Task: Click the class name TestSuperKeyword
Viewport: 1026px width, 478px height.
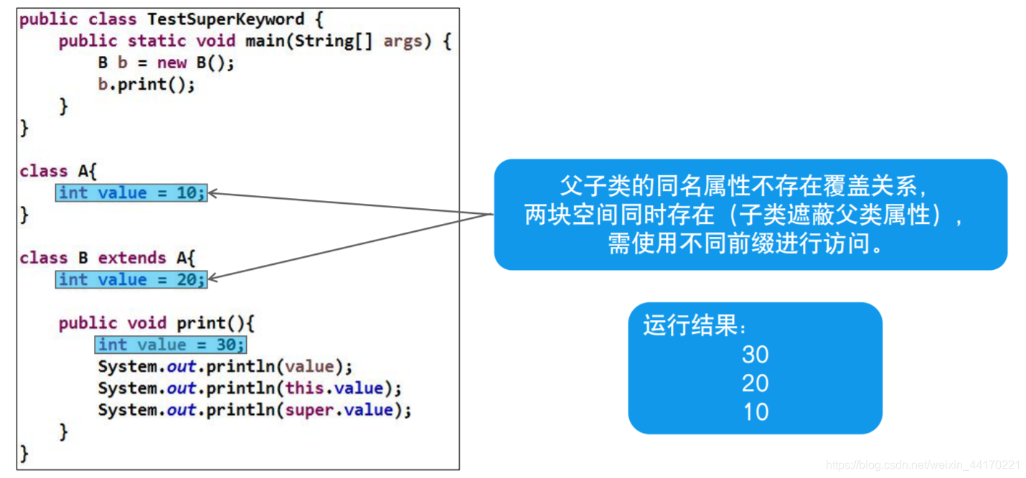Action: coord(225,19)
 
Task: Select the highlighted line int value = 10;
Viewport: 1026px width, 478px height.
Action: coord(131,193)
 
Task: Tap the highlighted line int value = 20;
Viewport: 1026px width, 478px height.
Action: coord(131,280)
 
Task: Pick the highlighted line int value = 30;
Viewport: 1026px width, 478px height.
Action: coord(171,345)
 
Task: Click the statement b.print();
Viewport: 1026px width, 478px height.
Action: coord(146,85)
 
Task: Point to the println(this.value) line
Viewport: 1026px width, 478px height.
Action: coord(250,389)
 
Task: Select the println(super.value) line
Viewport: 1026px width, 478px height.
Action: coord(255,411)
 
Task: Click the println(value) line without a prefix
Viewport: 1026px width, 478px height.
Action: coord(225,367)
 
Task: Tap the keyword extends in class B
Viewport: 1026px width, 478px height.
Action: coord(127,258)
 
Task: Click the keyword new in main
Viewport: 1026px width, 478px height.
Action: coord(171,63)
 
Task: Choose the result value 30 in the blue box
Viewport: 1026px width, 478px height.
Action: coord(755,355)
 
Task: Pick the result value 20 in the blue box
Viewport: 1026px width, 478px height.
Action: coord(755,383)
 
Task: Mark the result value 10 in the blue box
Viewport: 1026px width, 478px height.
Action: coord(755,412)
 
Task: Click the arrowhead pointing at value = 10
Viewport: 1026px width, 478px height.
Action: coord(212,193)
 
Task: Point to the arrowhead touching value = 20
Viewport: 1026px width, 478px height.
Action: coord(212,279)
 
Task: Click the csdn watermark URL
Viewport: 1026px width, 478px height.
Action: coord(923,465)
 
